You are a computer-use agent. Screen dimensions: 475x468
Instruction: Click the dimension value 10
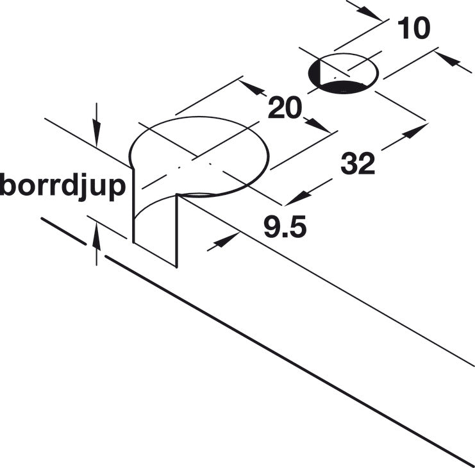414,28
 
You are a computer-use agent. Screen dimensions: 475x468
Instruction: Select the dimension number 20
285,108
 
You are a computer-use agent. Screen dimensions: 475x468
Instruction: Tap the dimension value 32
358,164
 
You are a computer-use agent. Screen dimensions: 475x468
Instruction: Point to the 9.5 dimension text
285,226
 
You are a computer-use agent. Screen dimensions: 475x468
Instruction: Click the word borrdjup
63,187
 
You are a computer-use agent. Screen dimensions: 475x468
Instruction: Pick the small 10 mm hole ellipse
343,74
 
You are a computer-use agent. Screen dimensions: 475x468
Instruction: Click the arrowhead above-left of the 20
252,88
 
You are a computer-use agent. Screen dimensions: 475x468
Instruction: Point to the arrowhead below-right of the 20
317,126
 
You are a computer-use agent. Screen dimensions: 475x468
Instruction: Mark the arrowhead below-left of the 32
298,198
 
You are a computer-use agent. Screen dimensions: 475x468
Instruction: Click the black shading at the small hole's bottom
342,87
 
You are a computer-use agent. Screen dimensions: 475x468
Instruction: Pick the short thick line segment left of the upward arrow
63,231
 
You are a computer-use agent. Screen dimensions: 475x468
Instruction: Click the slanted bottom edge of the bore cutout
154,255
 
